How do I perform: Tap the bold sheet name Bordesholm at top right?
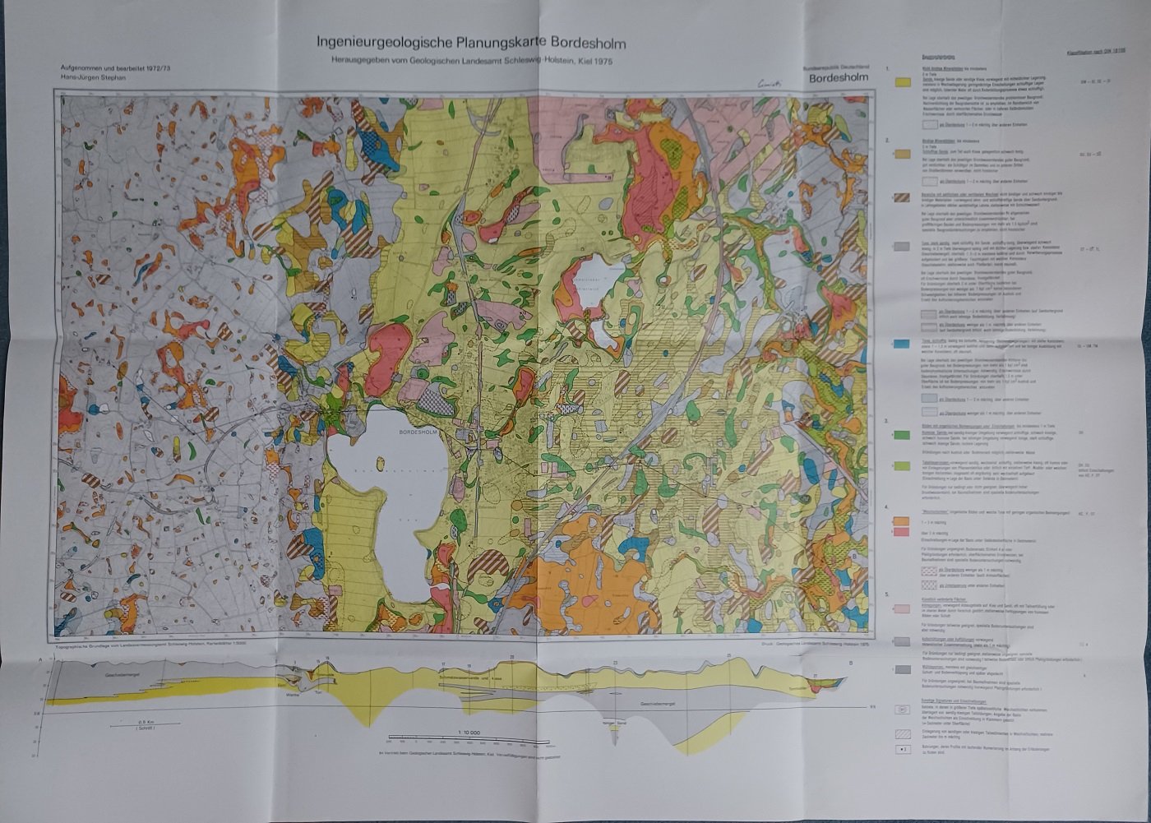point(839,80)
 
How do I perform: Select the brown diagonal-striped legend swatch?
point(902,198)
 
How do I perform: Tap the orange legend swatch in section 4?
point(902,520)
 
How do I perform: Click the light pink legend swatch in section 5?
point(902,609)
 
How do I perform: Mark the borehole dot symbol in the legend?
point(902,750)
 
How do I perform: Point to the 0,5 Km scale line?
point(143,725)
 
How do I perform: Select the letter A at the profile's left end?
point(39,661)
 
